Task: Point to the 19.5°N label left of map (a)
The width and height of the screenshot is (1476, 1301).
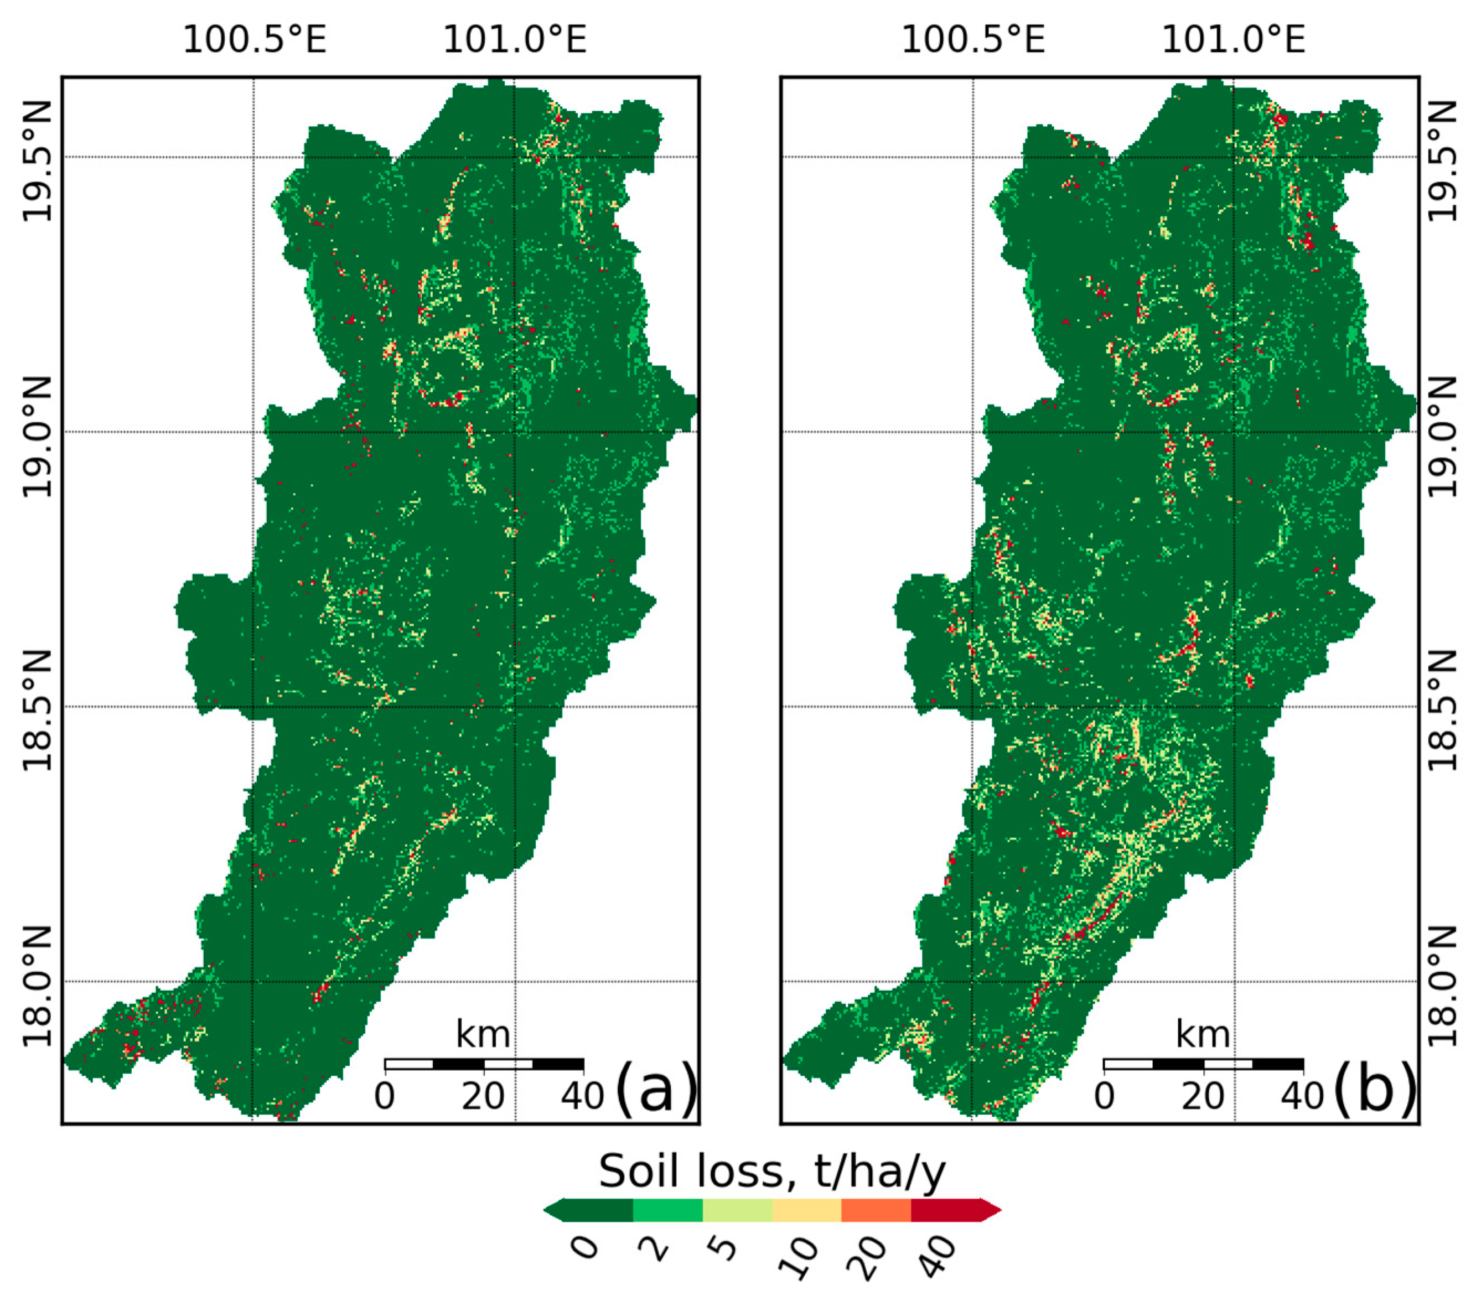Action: coord(37,160)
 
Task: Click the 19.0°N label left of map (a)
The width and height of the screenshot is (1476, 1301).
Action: coord(37,436)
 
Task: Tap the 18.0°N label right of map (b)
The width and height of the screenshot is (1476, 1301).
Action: coord(1443,986)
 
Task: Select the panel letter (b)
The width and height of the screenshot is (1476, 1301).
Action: coord(1374,1087)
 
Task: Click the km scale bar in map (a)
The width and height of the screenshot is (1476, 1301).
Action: coord(484,1064)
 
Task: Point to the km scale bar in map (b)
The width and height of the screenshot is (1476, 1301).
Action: coord(1203,1064)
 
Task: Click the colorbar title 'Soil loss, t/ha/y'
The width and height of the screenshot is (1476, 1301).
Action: coord(771,1171)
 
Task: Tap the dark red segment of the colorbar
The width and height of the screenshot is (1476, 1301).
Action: coord(946,1210)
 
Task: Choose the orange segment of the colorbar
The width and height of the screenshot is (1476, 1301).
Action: coord(876,1210)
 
